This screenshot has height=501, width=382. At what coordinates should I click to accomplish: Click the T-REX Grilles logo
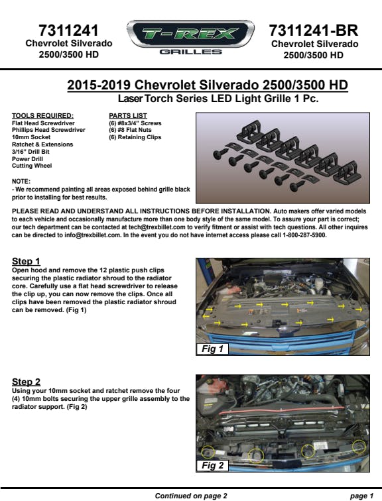tap(190, 37)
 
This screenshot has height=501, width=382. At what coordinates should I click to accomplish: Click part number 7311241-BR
tap(313, 30)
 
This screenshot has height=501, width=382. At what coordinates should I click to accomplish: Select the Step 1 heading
tap(26, 261)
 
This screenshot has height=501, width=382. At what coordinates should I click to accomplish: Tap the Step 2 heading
tap(27, 382)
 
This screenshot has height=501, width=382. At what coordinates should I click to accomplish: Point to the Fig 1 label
tap(212, 349)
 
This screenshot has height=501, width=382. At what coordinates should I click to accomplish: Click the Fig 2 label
tap(212, 465)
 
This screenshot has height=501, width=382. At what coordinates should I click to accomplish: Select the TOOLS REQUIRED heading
tap(42, 116)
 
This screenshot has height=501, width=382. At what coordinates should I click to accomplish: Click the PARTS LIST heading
tap(128, 116)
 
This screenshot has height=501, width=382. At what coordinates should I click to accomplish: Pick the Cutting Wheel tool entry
tap(32, 166)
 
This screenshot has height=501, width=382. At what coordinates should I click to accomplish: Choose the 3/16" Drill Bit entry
tap(31, 152)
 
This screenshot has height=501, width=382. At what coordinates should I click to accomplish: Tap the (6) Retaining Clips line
tap(135, 137)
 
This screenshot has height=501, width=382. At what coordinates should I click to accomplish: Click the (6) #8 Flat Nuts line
tap(130, 130)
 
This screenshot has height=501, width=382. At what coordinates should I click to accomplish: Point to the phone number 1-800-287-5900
tap(304, 235)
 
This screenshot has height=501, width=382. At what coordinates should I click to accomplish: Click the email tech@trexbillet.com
tap(157, 227)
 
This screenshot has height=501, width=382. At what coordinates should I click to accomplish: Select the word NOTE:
tap(21, 181)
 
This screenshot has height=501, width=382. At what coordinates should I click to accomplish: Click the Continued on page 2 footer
tap(191, 496)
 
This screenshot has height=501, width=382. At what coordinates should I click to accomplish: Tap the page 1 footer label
tap(361, 496)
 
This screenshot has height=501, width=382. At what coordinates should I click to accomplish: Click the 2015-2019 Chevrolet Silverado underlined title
tap(208, 85)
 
